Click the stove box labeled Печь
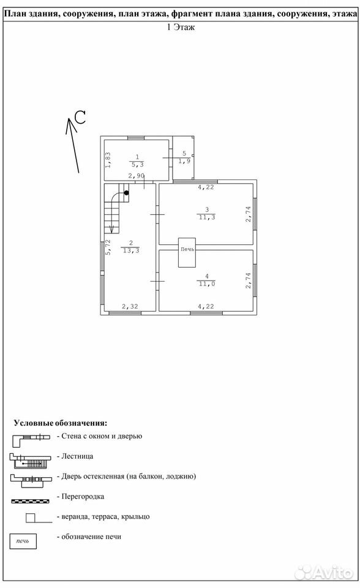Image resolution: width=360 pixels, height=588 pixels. click(x=187, y=252)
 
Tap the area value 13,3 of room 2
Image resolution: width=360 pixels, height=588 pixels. click(x=131, y=251)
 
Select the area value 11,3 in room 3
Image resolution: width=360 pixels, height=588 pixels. click(x=207, y=217)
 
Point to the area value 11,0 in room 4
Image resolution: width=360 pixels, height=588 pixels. click(x=207, y=284)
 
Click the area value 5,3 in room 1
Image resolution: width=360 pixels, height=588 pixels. click(x=137, y=164)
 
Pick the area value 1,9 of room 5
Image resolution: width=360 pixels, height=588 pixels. click(x=184, y=161)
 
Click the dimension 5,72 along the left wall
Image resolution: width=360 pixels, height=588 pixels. click(x=108, y=247)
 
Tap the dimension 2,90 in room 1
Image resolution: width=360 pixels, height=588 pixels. click(x=136, y=176)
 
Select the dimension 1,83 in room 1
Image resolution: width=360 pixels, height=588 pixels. click(x=108, y=160)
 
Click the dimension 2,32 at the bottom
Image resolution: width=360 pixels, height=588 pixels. click(x=130, y=306)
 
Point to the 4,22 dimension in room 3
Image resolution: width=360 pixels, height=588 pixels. click(x=206, y=187)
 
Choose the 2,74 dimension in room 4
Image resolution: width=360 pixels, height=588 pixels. click(x=248, y=281)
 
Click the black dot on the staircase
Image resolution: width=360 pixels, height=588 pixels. click(x=126, y=193)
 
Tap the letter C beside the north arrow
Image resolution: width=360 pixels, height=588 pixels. click(x=80, y=118)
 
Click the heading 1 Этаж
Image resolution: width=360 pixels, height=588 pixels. click(x=181, y=27)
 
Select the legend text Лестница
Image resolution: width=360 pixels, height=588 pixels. click(x=77, y=456)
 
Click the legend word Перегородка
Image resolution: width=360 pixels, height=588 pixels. click(x=83, y=497)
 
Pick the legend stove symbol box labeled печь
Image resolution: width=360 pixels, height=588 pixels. click(x=23, y=541)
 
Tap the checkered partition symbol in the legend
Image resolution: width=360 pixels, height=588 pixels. click(x=31, y=501)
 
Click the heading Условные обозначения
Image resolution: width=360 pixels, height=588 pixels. click(x=61, y=423)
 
